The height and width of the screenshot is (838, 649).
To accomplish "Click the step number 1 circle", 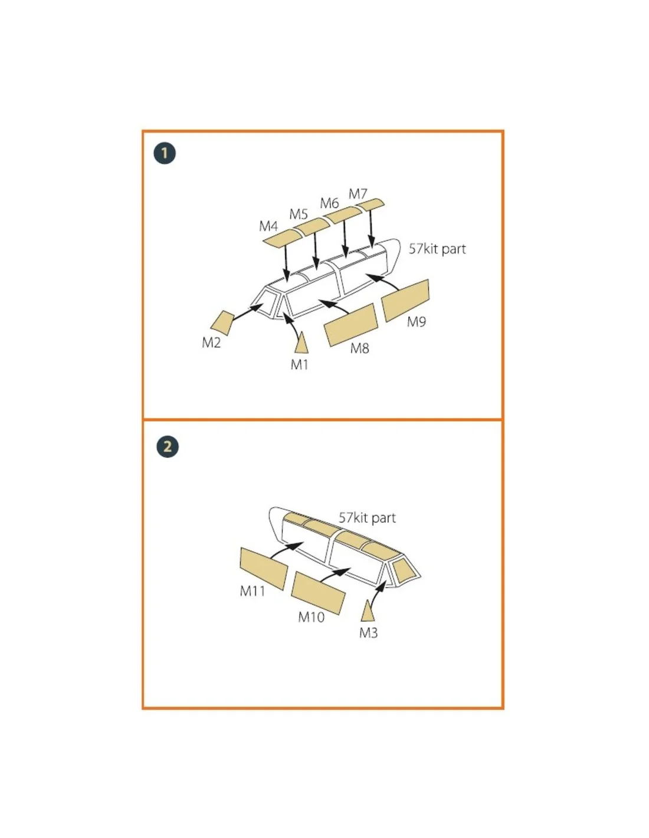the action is point(165,153).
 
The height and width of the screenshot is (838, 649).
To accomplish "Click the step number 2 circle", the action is point(168,447).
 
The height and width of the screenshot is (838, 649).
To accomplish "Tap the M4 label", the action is point(268,226).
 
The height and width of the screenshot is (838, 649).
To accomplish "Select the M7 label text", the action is point(358,194).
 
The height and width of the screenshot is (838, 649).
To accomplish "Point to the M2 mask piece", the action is point(222,323).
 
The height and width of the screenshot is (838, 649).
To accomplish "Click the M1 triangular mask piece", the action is point(301,342).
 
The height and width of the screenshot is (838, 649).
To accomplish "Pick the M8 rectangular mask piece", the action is point(350,325).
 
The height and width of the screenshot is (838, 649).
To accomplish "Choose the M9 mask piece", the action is point(405,301).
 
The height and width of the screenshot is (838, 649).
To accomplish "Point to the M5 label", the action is point(299,214).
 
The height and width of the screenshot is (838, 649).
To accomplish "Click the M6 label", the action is point(329,203).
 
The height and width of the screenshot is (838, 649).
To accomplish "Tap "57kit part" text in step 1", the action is point(437,249).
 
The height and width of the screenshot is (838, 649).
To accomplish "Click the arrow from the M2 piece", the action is point(248,312).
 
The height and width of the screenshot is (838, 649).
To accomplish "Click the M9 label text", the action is point(416,322).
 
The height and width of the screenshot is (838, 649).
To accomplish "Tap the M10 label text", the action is point(311,617).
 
